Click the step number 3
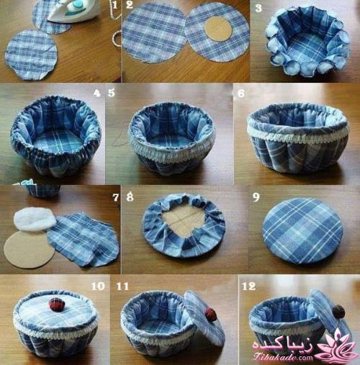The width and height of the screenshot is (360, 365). pyautogui.click(x=258, y=8)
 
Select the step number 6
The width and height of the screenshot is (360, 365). pyautogui.click(x=241, y=93)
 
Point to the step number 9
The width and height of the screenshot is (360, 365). pyautogui.click(x=256, y=197)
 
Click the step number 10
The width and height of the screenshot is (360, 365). pyautogui.click(x=98, y=286)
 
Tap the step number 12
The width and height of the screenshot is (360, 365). pyautogui.click(x=249, y=286)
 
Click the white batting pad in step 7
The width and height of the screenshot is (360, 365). pyautogui.click(x=35, y=219)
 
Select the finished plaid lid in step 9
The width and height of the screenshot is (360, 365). pyautogui.click(x=303, y=230)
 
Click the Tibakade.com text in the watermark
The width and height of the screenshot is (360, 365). pyautogui.click(x=283, y=357)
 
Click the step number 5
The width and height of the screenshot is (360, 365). pyautogui.click(x=111, y=93)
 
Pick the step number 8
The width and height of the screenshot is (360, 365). pyautogui.click(x=130, y=197)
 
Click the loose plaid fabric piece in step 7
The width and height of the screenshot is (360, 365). pyautogui.click(x=84, y=240)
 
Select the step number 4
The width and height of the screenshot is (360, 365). pyautogui.click(x=96, y=93)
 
